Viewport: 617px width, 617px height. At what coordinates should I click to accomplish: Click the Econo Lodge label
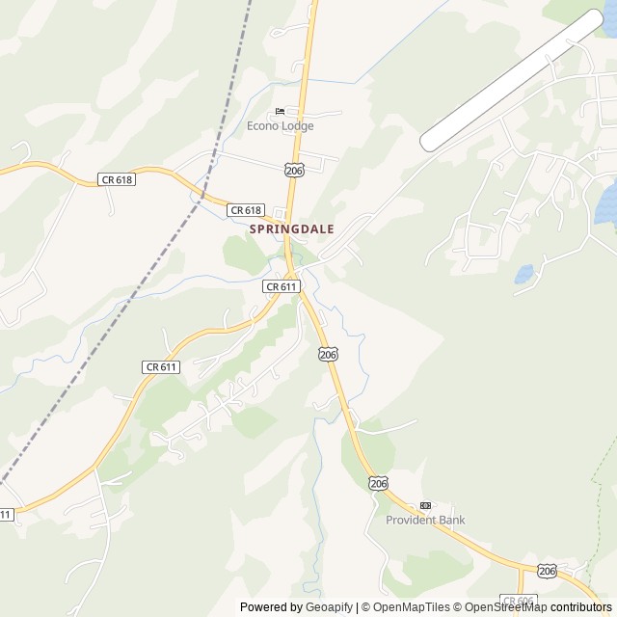click(x=280, y=125)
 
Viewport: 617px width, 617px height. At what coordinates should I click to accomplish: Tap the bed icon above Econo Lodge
click(x=280, y=112)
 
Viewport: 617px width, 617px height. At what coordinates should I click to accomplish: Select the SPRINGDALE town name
click(x=292, y=229)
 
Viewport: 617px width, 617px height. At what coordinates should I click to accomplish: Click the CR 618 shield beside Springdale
click(x=246, y=209)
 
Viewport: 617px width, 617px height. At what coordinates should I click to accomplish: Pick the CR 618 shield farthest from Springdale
click(x=116, y=179)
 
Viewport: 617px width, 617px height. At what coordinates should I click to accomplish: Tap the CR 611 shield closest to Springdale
click(x=282, y=286)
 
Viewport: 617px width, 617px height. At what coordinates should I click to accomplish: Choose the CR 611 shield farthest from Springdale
click(x=5, y=515)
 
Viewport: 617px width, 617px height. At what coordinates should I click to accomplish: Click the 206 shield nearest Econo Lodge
click(x=295, y=170)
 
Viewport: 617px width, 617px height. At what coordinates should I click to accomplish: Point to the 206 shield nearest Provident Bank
click(x=378, y=483)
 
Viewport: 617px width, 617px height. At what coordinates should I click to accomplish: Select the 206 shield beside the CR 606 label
click(x=548, y=571)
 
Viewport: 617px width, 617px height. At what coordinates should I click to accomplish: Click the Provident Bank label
click(x=425, y=521)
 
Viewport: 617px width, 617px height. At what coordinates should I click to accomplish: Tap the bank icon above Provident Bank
click(x=425, y=506)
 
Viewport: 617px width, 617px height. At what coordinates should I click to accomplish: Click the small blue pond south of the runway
click(x=524, y=275)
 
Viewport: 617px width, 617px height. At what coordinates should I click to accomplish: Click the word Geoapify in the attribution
click(x=330, y=607)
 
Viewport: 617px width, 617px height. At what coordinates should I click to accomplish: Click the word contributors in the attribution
click(x=581, y=607)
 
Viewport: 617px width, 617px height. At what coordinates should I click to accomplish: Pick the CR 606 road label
click(x=519, y=601)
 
